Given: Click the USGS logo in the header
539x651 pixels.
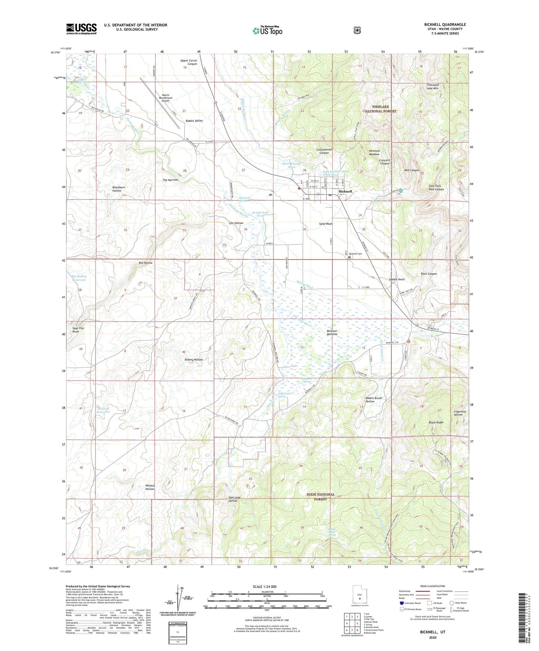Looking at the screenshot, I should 81,29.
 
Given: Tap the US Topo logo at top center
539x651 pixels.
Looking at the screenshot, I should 267,31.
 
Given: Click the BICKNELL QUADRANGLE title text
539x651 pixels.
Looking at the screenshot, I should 445,25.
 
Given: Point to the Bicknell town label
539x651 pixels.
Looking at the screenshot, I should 345,191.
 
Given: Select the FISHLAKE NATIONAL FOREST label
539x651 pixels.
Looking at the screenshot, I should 380,109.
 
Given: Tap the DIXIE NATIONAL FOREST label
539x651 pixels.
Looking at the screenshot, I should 320,497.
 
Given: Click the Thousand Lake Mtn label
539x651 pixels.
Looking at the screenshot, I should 433,87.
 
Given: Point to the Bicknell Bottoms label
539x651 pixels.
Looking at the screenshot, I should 332,333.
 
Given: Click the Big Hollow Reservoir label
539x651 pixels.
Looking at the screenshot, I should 79,278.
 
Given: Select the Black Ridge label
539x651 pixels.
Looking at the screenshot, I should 436,422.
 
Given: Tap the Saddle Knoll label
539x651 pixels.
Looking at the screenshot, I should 397,279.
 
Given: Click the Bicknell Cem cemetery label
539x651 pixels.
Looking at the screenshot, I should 355,254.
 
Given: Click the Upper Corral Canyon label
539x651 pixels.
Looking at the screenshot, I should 188,62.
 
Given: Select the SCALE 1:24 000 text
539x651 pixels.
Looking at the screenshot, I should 264,587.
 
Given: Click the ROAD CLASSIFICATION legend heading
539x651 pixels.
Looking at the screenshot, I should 432,586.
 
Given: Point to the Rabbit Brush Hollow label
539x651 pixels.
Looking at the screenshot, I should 373,400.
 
